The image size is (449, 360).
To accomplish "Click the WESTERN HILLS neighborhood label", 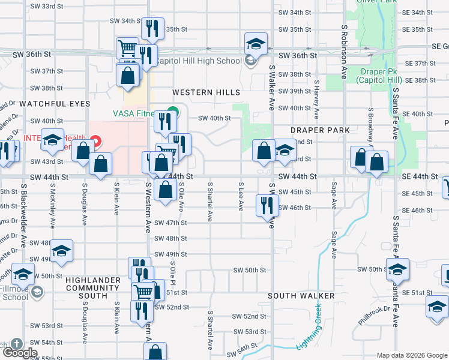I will click(206, 92).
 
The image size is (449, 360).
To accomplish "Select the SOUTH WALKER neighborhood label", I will click(301, 296).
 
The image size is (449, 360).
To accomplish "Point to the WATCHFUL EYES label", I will click(55, 104).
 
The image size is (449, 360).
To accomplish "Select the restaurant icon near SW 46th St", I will click(267, 205).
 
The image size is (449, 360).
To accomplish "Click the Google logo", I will click(19, 352).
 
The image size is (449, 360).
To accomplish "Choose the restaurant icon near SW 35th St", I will click(152, 28).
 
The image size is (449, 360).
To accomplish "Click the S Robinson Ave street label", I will click(345, 52).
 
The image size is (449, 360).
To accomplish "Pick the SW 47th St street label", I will click(170, 223).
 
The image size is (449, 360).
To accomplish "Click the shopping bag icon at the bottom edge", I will click(155, 352).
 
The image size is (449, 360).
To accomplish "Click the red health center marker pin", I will click(96, 142).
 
